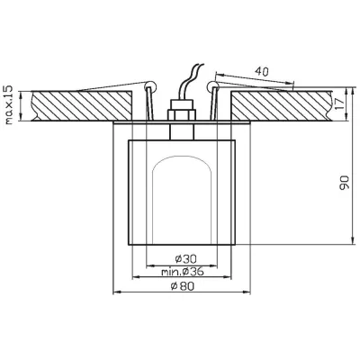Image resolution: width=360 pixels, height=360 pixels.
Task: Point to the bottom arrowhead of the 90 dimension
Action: pos(347,241)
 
